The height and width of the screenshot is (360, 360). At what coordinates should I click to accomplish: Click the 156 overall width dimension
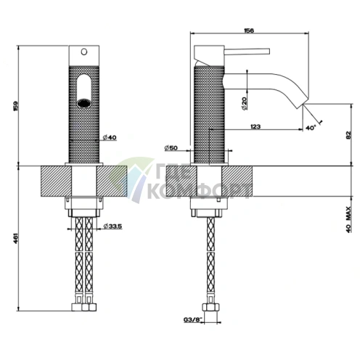pos(249,30)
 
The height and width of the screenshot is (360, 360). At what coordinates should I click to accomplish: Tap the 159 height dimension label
pos(16,107)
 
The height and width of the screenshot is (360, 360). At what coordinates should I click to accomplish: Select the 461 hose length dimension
pos(15,238)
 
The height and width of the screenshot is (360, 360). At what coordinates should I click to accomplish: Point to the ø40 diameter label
pos(110,137)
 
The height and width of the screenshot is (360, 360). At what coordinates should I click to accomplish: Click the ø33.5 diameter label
pos(112,226)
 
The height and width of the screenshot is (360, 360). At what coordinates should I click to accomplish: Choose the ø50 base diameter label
pos(171,148)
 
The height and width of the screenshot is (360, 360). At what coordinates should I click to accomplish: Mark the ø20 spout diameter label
pos(244,104)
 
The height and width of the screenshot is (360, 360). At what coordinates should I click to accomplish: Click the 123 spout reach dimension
pos(255,126)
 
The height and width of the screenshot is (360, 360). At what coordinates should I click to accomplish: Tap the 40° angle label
pos(311,128)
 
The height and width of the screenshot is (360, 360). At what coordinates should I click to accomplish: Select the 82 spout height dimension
pos(348,135)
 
